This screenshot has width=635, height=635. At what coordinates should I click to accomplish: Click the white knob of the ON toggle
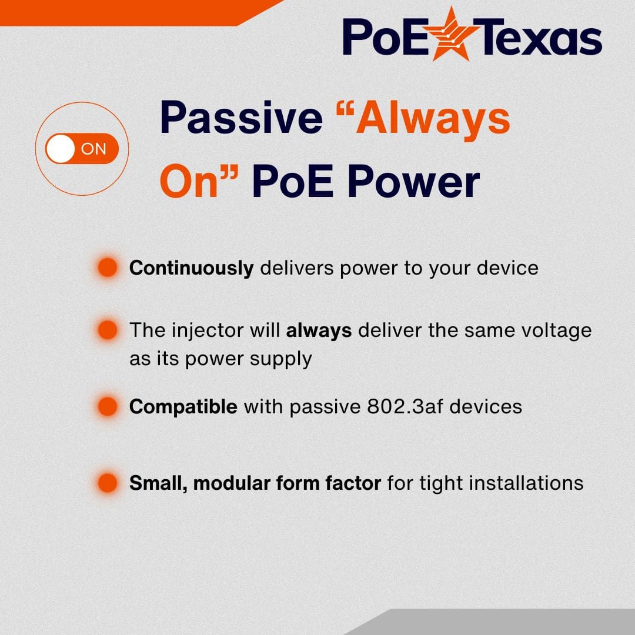pyautogui.click(x=61, y=149)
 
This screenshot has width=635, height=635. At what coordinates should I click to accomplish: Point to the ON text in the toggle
pyautogui.click(x=93, y=149)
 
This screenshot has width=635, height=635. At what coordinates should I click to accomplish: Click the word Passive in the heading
pyautogui.click(x=241, y=118)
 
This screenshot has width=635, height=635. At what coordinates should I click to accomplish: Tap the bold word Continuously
pyautogui.click(x=191, y=268)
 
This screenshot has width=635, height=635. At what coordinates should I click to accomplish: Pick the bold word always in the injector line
pyautogui.click(x=319, y=330)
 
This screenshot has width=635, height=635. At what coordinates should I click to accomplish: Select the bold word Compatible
pyautogui.click(x=183, y=406)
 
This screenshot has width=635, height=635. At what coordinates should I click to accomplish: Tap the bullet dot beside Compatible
pyautogui.click(x=108, y=406)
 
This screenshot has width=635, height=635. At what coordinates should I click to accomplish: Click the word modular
pyautogui.click(x=230, y=483)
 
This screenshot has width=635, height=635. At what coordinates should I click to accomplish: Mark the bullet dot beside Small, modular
pyautogui.click(x=108, y=483)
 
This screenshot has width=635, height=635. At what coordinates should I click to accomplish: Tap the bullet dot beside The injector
pyautogui.click(x=108, y=330)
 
